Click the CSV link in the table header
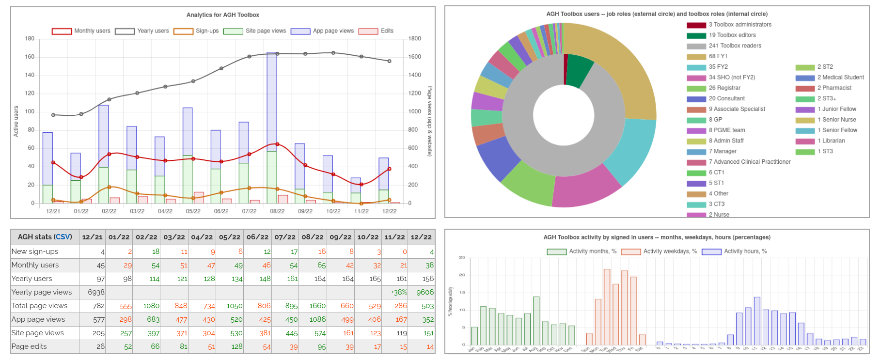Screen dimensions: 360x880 pyautogui.click(x=63, y=237)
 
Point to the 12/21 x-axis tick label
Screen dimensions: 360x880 pyautogui.click(x=53, y=211)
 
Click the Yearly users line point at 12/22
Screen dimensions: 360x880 pyautogui.click(x=389, y=61)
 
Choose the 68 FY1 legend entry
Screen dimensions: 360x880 pyautogui.click(x=718, y=56)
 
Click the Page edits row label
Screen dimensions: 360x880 pyautogui.click(x=29, y=346)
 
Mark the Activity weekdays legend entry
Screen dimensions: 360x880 pyautogui.click(x=669, y=251)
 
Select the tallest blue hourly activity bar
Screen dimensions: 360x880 pyautogui.click(x=757, y=321)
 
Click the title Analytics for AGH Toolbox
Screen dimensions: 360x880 pyautogui.click(x=223, y=15)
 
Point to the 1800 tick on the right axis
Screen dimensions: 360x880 pyautogui.click(x=415, y=39)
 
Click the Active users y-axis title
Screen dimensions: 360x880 pyautogui.click(x=16, y=121)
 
